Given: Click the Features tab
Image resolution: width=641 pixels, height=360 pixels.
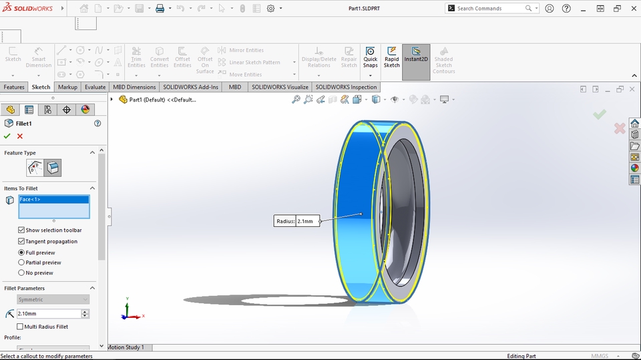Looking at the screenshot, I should (14, 87).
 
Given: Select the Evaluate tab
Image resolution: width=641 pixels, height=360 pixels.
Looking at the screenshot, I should (95, 87).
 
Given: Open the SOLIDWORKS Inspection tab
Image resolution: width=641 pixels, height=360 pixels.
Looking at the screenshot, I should (346, 87).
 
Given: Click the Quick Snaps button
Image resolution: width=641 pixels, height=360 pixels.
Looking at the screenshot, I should (371, 57).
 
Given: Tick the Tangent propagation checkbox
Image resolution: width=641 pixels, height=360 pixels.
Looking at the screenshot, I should (21, 241).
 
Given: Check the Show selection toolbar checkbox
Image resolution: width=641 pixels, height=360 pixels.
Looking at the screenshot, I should (21, 230).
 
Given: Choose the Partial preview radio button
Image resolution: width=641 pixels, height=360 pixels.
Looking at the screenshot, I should (21, 262).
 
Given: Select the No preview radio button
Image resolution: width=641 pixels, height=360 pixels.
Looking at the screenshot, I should (21, 273).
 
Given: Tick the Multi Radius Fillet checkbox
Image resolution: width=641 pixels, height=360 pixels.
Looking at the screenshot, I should (20, 327).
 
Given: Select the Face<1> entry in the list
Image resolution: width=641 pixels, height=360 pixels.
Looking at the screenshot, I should (53, 199).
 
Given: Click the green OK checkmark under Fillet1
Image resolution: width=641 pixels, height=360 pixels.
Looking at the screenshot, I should (7, 136).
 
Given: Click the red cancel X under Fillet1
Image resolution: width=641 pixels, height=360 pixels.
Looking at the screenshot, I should (20, 136).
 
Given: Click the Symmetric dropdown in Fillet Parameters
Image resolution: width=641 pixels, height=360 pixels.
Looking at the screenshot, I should (53, 300).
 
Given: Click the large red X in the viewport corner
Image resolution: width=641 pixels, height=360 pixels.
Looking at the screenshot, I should (620, 127).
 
